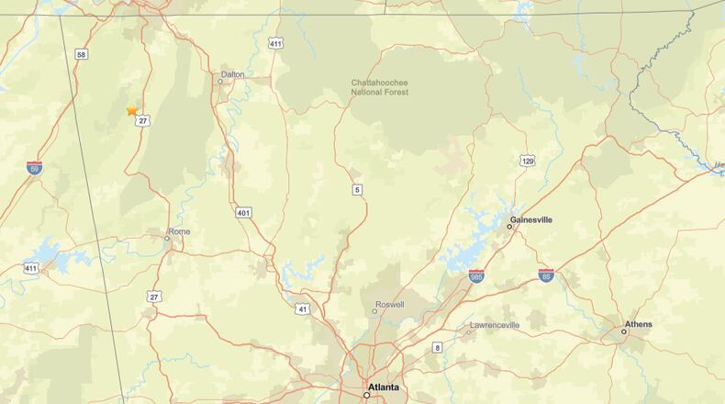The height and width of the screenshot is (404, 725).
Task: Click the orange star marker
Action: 132,110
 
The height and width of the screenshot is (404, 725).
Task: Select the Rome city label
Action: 179,231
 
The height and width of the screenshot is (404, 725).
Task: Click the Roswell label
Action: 389,304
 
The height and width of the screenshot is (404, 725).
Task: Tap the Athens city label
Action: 638,324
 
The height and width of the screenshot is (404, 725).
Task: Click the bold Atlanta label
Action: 384,387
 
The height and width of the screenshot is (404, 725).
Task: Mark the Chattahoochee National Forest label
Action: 380,87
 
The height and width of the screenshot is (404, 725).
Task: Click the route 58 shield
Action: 82,55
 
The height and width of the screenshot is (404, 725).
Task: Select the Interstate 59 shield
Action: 35,168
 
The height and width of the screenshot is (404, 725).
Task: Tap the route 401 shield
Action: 243,213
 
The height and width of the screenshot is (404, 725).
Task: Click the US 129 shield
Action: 527,161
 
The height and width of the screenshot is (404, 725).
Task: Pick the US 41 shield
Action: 303,309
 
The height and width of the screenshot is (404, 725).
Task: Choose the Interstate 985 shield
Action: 476,275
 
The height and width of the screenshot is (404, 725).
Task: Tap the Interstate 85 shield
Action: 546,275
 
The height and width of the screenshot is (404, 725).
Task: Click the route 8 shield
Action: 437,347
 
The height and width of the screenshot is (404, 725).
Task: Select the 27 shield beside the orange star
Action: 143,120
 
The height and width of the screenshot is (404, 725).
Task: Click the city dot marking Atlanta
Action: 366,395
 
